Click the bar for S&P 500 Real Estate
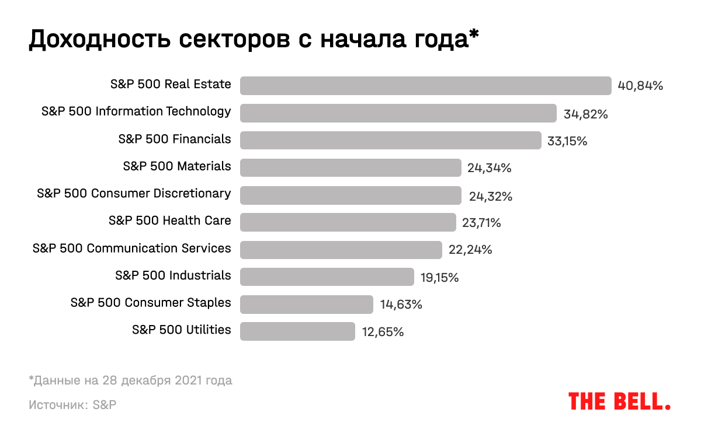click(x=425, y=86)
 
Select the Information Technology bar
click(x=398, y=113)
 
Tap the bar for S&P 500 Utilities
click(x=297, y=331)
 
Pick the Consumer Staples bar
click(x=306, y=304)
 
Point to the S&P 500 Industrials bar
click(x=327, y=277)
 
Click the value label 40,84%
click(x=640, y=86)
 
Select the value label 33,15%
click(x=567, y=141)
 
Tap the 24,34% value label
click(x=490, y=168)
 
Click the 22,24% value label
click(x=470, y=250)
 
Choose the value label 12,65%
click(x=383, y=332)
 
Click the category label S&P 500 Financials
click(x=175, y=139)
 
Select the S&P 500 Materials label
click(x=177, y=166)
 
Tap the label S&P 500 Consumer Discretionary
click(x=134, y=193)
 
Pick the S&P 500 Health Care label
click(x=170, y=221)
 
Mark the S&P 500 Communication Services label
click(x=132, y=248)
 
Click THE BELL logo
click(x=619, y=401)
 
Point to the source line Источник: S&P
click(x=72, y=404)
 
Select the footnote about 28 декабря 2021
click(x=130, y=380)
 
